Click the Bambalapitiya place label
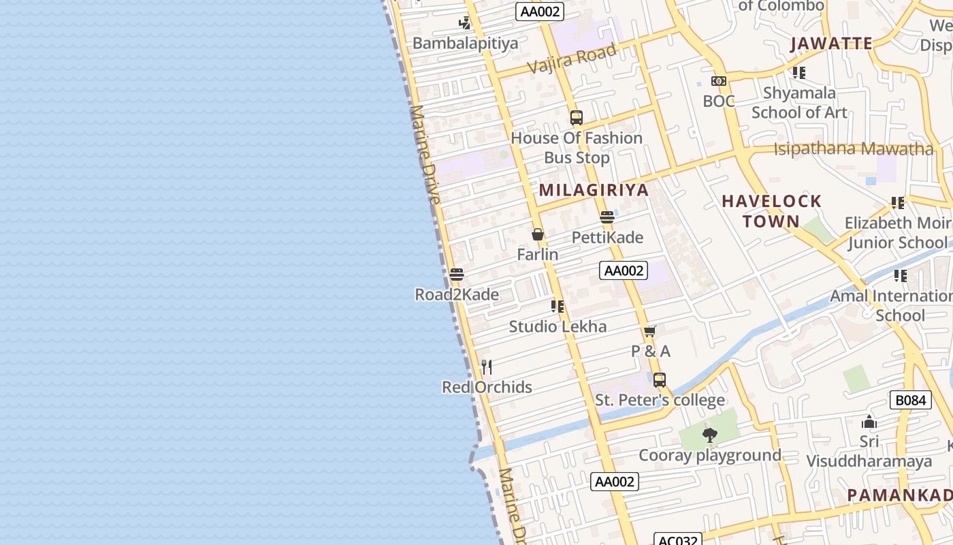coord(465,44)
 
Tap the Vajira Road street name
coord(571,59)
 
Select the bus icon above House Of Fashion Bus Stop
coord(577,118)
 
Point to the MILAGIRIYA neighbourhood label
coord(594,190)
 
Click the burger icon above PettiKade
coord(607,218)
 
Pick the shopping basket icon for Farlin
coord(538,235)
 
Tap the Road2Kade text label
coord(457,295)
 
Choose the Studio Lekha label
coord(558,326)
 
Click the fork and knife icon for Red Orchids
coord(487,368)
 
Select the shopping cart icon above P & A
coord(650,332)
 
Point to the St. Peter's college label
coord(660,400)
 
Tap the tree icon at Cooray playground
coord(710,435)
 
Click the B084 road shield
coord(910,400)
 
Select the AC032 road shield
coord(678,540)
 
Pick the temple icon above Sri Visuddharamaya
coord(869,422)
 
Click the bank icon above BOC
coord(719,82)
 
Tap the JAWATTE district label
coord(831,44)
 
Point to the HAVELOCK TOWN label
coord(771,211)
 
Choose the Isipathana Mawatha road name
coord(853,149)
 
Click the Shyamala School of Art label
coord(799,103)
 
